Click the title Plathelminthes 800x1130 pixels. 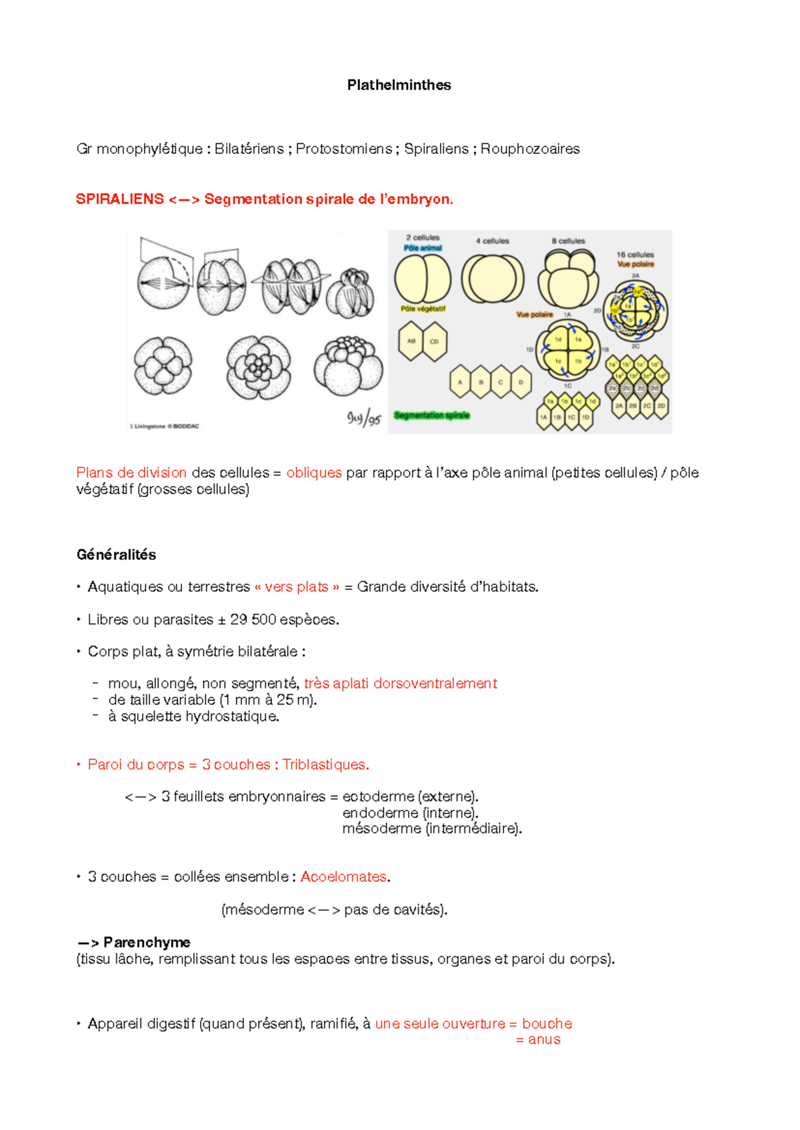tap(399, 85)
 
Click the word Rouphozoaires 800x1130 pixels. tap(530, 149)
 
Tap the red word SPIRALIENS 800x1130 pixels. tap(120, 199)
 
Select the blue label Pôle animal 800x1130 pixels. tap(423, 248)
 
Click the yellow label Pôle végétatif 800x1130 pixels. tap(423, 308)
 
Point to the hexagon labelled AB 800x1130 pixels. tap(411, 341)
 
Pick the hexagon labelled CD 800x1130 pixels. tap(434, 341)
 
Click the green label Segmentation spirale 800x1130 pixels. tap(431, 415)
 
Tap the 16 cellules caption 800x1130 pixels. tap(635, 255)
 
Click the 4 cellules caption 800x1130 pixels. tap(492, 241)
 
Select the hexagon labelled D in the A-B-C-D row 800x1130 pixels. tap(521, 382)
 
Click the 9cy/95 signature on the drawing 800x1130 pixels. tap(363, 418)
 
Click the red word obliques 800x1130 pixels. tap(314, 473)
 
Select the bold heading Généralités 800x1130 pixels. tap(116, 555)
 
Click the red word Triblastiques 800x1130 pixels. tap(325, 765)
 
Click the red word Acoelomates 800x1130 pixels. tap(343, 877)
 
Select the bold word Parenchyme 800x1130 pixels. tap(147, 942)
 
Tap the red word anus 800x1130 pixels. tap(544, 1039)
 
